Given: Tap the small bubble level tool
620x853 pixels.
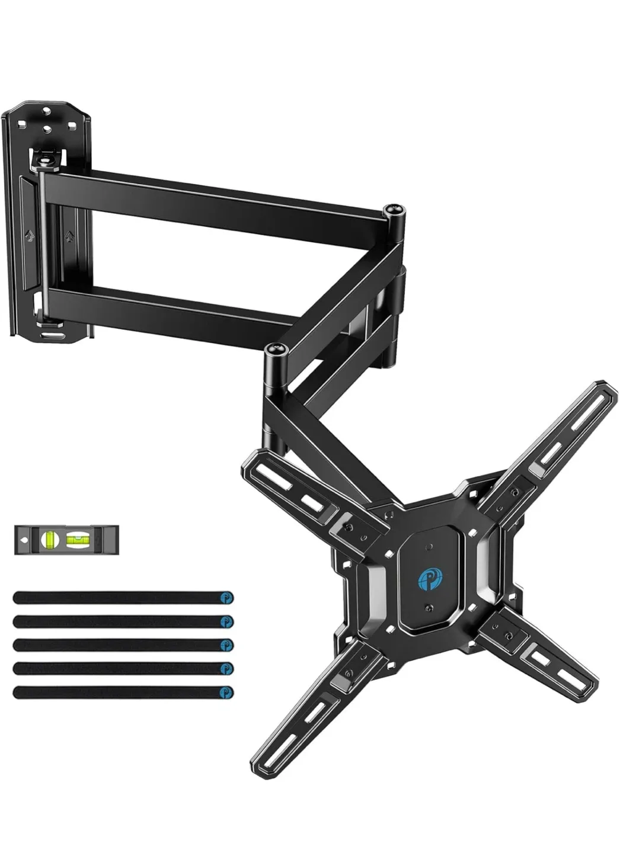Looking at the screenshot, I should (x=66, y=539).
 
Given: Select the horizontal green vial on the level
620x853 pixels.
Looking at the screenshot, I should (x=76, y=539).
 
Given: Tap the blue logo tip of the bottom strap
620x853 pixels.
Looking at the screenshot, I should (x=226, y=692).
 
